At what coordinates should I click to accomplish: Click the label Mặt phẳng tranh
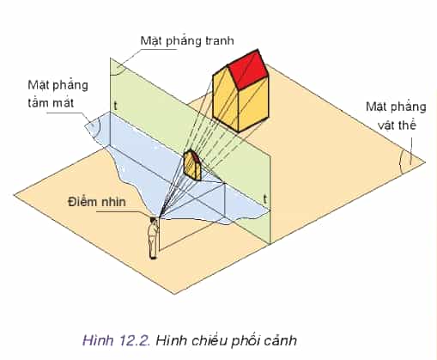[x=187, y=41]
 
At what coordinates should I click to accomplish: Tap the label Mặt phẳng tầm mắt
[x=58, y=94]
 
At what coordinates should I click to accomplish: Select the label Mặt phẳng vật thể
[x=396, y=116]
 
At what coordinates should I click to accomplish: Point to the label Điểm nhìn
[x=97, y=202]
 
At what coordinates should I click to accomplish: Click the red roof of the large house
[x=248, y=69]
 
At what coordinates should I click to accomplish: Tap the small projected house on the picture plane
[x=192, y=165]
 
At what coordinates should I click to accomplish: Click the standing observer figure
[x=153, y=238]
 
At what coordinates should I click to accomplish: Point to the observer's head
[x=153, y=220]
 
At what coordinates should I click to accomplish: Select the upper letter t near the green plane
[x=115, y=106]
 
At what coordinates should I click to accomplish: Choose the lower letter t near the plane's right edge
[x=265, y=198]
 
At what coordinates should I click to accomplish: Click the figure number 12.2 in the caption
[x=134, y=340]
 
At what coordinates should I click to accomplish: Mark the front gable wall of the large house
[x=226, y=101]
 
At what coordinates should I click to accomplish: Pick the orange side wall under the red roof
[x=253, y=107]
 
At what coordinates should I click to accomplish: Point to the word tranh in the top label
[x=220, y=40]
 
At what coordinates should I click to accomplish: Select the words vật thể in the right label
[x=397, y=125]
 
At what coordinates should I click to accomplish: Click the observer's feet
[x=153, y=258]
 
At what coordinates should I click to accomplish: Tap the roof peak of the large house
[x=258, y=50]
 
